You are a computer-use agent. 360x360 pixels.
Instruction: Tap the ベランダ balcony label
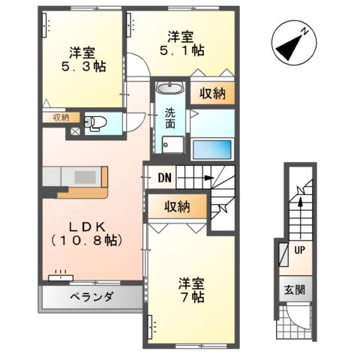tap(91, 298)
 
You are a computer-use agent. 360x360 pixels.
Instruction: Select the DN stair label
tap(166, 178)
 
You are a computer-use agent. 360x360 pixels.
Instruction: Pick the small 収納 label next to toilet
tap(61, 117)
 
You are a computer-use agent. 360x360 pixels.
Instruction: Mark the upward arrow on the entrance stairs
tap(299, 202)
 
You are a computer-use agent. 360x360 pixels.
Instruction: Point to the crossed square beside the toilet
tap(74, 131)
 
